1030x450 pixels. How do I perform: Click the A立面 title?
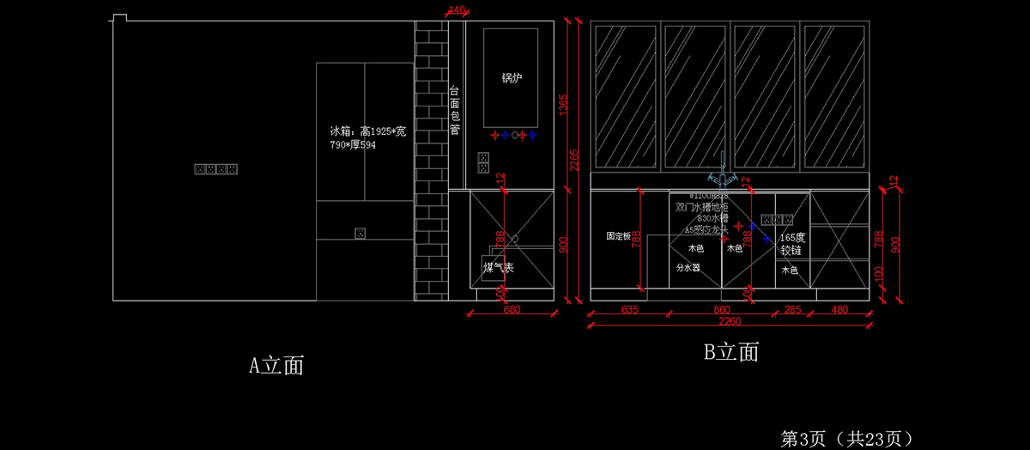pyautogui.click(x=276, y=365)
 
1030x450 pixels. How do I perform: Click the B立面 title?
pyautogui.click(x=730, y=351)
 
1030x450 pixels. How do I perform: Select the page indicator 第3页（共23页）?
pyautogui.click(x=845, y=438)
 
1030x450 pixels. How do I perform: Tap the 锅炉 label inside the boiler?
pyautogui.click(x=512, y=78)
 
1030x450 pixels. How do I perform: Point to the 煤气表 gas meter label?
pyautogui.click(x=498, y=269)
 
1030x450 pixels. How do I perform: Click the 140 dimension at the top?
pyautogui.click(x=457, y=10)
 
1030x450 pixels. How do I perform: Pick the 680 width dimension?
pyautogui.click(x=512, y=309)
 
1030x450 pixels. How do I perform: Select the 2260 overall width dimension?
pyautogui.click(x=730, y=322)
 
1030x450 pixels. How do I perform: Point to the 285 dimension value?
pyautogui.click(x=792, y=309)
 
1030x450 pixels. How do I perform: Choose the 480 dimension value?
pyautogui.click(x=839, y=309)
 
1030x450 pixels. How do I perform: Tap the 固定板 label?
pyautogui.click(x=618, y=235)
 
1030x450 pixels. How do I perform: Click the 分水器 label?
pyautogui.click(x=688, y=268)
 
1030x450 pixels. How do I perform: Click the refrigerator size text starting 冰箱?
pyautogui.click(x=368, y=138)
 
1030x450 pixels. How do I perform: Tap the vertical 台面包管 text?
pyautogui.click(x=455, y=110)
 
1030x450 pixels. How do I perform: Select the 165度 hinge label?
pyautogui.click(x=792, y=244)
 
